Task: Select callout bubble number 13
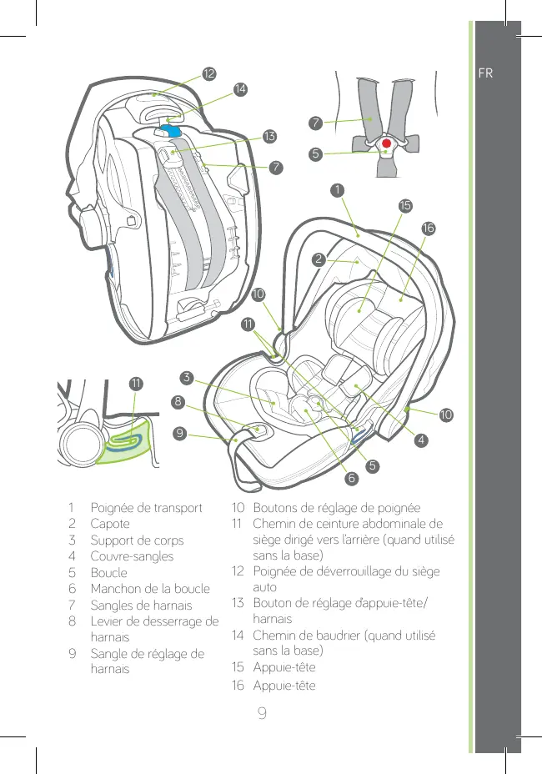(268, 135)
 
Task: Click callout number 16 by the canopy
(429, 228)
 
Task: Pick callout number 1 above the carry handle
(336, 191)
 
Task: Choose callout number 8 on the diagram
(178, 402)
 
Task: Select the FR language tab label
(485, 73)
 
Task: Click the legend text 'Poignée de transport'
(146, 507)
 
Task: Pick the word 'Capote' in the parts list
(110, 524)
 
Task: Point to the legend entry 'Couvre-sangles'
(132, 555)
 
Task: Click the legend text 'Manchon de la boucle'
(150, 588)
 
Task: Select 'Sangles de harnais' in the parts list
(141, 605)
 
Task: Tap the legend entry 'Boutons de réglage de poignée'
(337, 507)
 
